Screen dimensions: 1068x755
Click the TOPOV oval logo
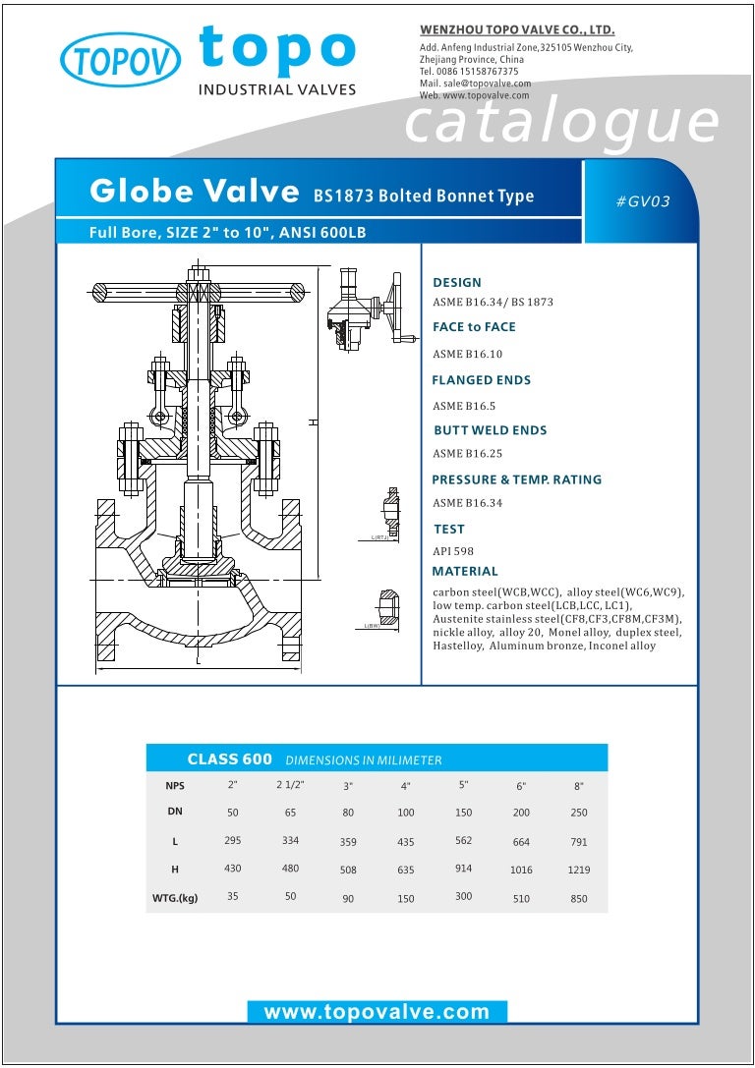coord(121,59)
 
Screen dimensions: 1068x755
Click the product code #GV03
coord(643,201)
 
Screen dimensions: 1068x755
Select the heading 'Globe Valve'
coord(194,191)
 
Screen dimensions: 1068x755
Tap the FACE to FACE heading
coord(474,327)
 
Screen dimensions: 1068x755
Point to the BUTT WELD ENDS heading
coord(490,430)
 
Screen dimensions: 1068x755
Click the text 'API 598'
coord(453,551)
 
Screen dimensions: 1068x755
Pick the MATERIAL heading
coord(465,571)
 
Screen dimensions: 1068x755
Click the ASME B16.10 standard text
coord(467,354)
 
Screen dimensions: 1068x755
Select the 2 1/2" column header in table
coord(291,785)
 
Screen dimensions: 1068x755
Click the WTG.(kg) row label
coord(175,897)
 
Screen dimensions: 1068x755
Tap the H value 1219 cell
coord(578,870)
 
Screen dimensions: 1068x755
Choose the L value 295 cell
coord(232,841)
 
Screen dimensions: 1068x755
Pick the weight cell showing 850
coord(578,897)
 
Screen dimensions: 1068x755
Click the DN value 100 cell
coord(406,814)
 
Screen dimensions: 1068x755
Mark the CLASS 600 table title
coord(229,759)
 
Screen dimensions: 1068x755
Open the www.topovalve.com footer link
coord(377,1012)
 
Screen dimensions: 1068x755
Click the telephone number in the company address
coord(469,72)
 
